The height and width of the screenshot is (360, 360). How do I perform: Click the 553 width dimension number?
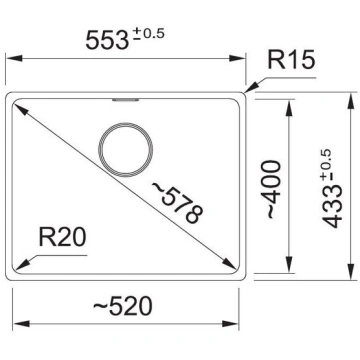(x=107, y=41)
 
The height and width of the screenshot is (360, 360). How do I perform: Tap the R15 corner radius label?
(x=291, y=61)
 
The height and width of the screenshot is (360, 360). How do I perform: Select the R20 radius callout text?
(x=63, y=237)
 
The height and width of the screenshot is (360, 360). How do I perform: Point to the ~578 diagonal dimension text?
(x=177, y=203)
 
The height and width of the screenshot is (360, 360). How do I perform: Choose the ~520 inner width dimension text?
(x=122, y=307)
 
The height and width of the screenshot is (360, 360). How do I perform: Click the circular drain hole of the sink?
(x=125, y=149)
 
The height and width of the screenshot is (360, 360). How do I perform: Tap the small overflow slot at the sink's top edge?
(x=126, y=100)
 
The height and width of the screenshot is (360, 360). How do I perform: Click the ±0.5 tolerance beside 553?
(x=147, y=35)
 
